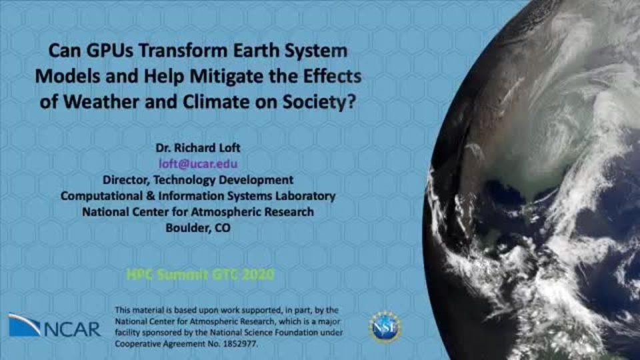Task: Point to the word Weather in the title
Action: [x=101, y=101]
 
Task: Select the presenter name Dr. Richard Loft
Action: [x=198, y=148]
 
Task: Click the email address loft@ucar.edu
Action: [x=198, y=164]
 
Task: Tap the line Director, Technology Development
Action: [x=198, y=179]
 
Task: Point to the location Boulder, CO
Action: [x=198, y=228]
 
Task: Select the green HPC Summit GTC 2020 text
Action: [x=201, y=274]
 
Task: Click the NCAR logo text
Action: [x=72, y=329]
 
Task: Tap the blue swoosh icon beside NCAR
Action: [x=24, y=325]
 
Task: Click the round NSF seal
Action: [x=385, y=327]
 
